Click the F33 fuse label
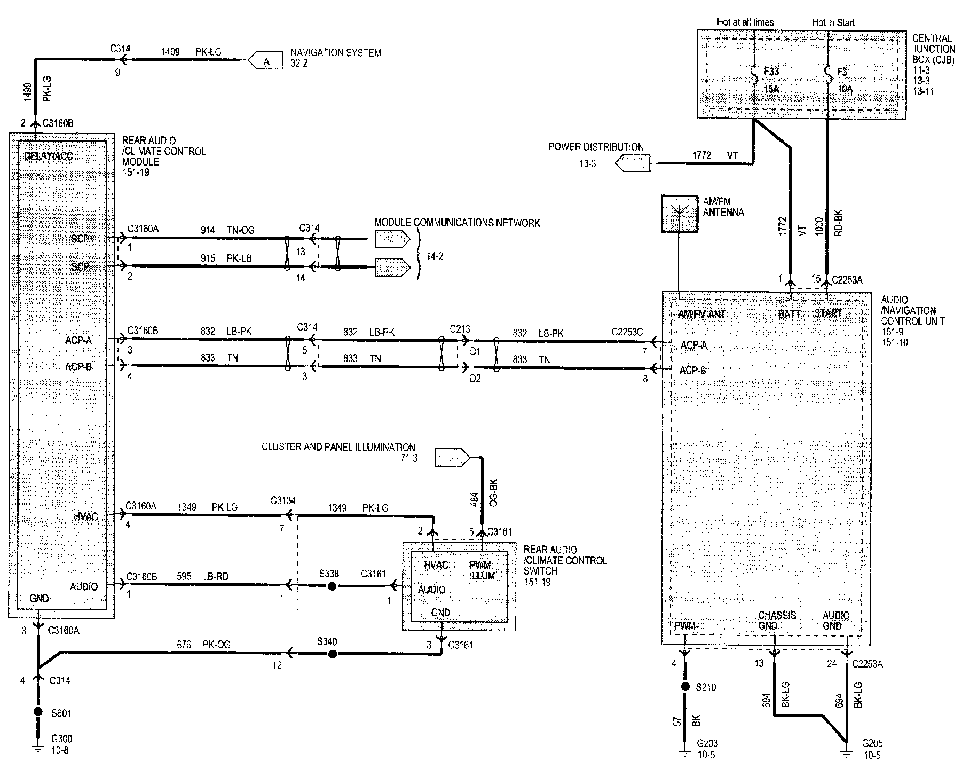pyautogui.click(x=771, y=72)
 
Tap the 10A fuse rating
pyautogui.click(x=845, y=89)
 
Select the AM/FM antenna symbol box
pyautogui.click(x=679, y=214)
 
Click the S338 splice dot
pyautogui.click(x=332, y=586)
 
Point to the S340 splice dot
pyautogui.click(x=332, y=654)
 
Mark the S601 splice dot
pyautogui.click(x=38, y=712)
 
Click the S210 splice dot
pyautogui.click(x=685, y=687)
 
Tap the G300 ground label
pyautogui.click(x=61, y=740)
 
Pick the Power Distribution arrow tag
pyautogui.click(x=633, y=163)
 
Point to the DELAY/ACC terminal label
pyautogui.click(x=49, y=156)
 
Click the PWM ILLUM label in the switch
pyautogui.click(x=482, y=570)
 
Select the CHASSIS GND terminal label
pyautogui.click(x=777, y=621)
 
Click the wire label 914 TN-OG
pyautogui.click(x=227, y=230)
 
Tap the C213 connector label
pyautogui.click(x=460, y=329)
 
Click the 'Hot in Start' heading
pyautogui.click(x=833, y=22)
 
